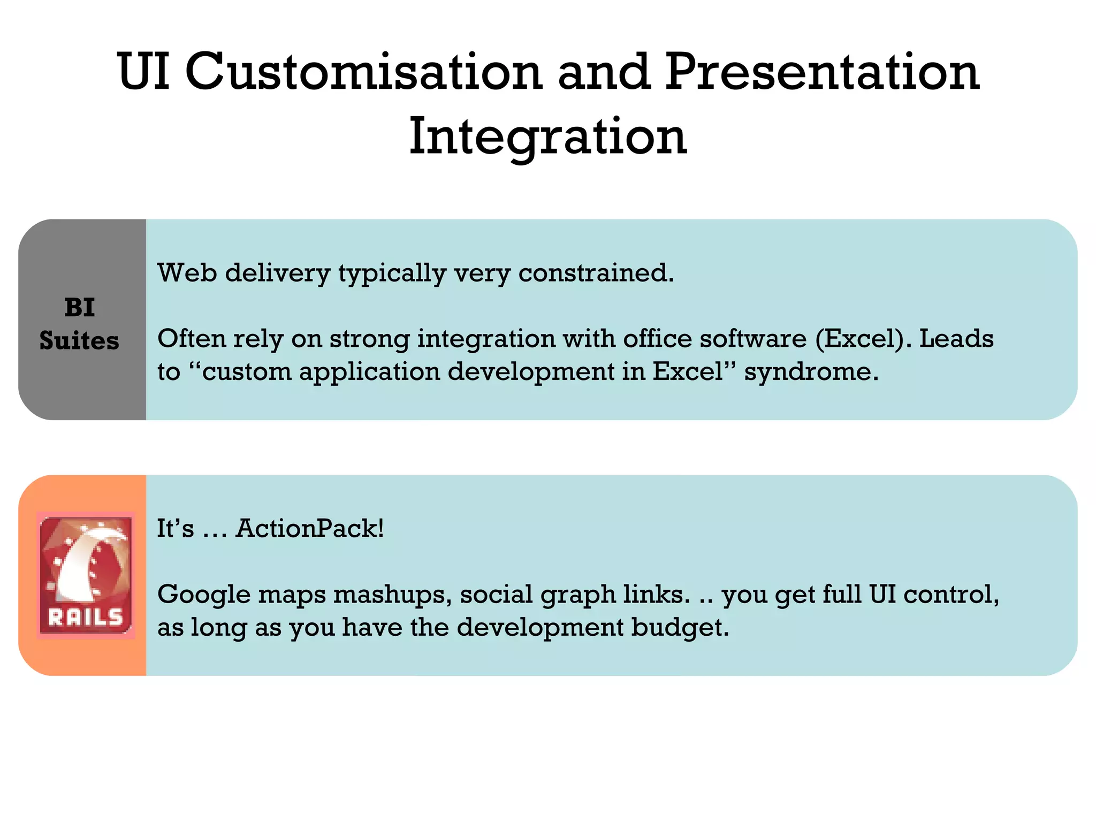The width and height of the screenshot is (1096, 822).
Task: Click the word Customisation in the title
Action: (363, 72)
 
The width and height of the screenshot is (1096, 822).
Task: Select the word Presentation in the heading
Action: (822, 72)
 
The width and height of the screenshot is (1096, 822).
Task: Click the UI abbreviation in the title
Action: (143, 72)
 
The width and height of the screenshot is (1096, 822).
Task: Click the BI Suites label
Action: (79, 324)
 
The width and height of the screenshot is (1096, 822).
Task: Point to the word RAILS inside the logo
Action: (86, 618)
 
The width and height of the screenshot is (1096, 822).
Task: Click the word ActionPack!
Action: (310, 529)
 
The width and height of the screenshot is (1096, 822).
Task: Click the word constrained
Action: (596, 273)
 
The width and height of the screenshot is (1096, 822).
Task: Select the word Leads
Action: (956, 339)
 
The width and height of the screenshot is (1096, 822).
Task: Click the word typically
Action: (392, 274)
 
